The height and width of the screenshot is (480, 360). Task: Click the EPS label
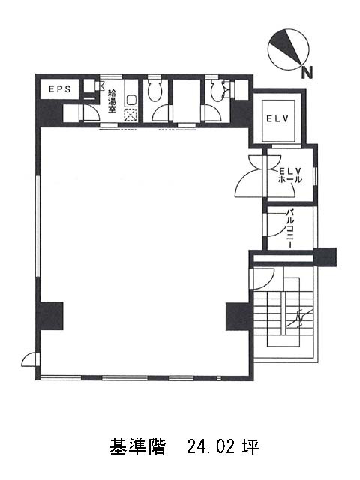click(x=60, y=88)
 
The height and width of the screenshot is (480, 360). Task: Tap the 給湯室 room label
click(x=112, y=100)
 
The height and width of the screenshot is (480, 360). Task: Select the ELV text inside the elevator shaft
click(x=277, y=118)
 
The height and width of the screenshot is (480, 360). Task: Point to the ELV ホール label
click(x=289, y=175)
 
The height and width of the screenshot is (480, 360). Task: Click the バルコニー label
click(x=290, y=228)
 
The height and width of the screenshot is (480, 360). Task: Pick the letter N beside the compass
click(x=307, y=73)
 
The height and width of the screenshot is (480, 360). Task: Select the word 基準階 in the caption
click(x=137, y=447)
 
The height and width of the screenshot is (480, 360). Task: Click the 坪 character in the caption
click(x=251, y=447)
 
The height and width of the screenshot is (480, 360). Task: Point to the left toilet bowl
click(x=154, y=90)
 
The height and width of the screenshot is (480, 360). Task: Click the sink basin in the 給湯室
click(x=132, y=100)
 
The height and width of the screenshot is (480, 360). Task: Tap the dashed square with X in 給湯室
click(x=130, y=115)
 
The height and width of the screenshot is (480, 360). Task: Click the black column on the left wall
click(x=49, y=316)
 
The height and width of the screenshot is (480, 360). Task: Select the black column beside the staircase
click(x=239, y=316)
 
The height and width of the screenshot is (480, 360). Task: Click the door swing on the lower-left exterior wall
click(x=30, y=360)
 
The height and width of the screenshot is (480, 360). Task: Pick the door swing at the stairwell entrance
click(x=264, y=278)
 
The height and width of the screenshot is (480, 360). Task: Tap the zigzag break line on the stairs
click(x=300, y=318)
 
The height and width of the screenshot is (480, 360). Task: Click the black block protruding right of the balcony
click(x=325, y=256)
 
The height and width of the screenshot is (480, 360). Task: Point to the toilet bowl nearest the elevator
click(x=218, y=90)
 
